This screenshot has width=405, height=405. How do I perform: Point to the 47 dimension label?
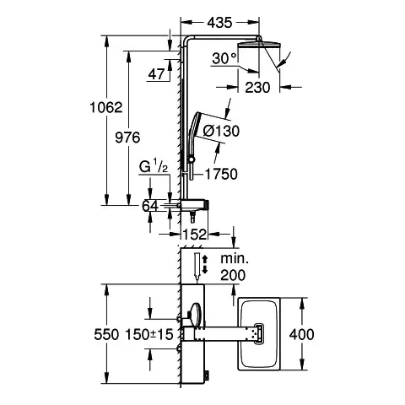pos(156,75)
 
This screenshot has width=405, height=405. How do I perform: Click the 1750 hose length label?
pos(221,174)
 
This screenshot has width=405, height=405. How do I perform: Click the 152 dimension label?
pos(196,235)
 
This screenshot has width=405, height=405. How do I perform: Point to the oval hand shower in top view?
pos(197,316)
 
